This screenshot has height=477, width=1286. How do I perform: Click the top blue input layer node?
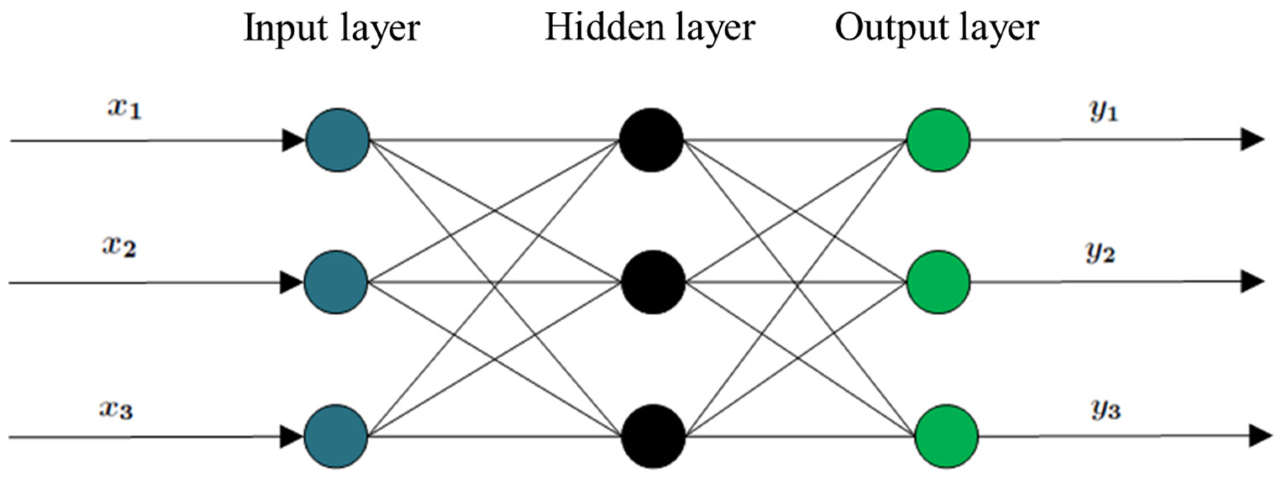tap(338, 140)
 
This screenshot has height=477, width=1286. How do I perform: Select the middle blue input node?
tap(336, 283)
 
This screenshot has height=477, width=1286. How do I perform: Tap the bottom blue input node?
tap(336, 437)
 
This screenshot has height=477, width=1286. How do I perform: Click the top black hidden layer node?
tap(651, 140)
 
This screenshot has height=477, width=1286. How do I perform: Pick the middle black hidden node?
tap(653, 283)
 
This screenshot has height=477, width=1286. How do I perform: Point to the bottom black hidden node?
tap(653, 437)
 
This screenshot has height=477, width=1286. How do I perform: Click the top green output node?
tap(939, 140)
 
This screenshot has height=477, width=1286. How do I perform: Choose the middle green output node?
tap(939, 283)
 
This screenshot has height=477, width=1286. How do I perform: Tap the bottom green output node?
tap(947, 437)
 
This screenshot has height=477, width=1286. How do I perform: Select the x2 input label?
tap(119, 247)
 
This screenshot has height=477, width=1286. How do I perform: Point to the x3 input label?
tap(116, 410)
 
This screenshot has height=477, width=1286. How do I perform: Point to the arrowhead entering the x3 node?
tap(291, 437)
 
